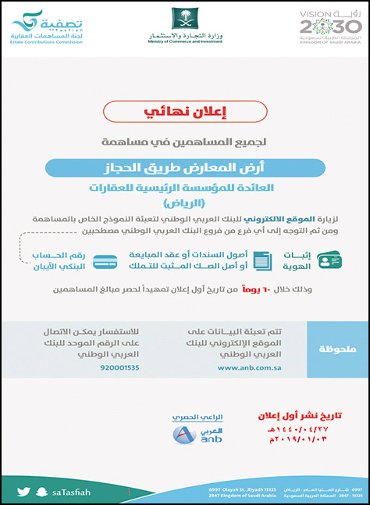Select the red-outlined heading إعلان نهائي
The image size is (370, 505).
click(185, 111)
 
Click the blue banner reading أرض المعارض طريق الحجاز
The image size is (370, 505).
click(184, 168)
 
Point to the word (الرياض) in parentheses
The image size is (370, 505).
click(185, 203)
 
